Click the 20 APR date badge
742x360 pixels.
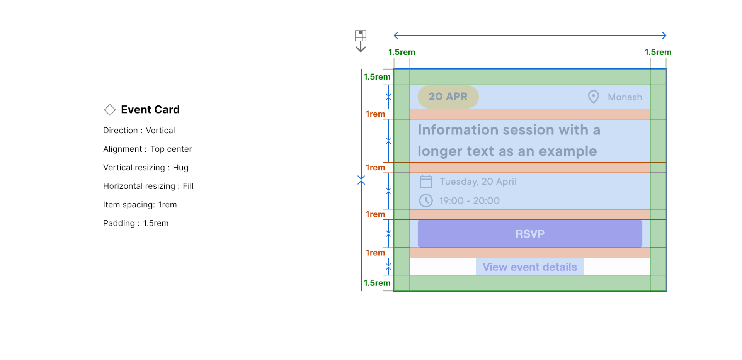(x=448, y=97)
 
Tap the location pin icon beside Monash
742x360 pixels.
(x=594, y=97)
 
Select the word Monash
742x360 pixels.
(x=625, y=97)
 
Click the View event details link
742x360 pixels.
(x=530, y=267)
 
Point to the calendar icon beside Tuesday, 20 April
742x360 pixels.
(x=426, y=181)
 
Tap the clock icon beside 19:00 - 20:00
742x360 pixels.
(x=426, y=200)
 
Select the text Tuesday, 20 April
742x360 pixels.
(x=478, y=182)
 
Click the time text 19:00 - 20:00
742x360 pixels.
(x=470, y=201)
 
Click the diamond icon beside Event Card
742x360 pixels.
(x=110, y=110)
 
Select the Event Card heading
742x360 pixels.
(x=150, y=110)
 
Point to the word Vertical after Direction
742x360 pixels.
(x=160, y=131)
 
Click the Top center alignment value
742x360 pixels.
(x=171, y=149)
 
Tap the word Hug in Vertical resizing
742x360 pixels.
(x=180, y=168)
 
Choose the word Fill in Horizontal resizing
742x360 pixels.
(x=188, y=186)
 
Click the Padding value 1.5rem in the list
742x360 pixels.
(x=156, y=223)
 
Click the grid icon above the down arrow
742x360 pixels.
(x=361, y=36)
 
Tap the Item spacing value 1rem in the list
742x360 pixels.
(x=167, y=205)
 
